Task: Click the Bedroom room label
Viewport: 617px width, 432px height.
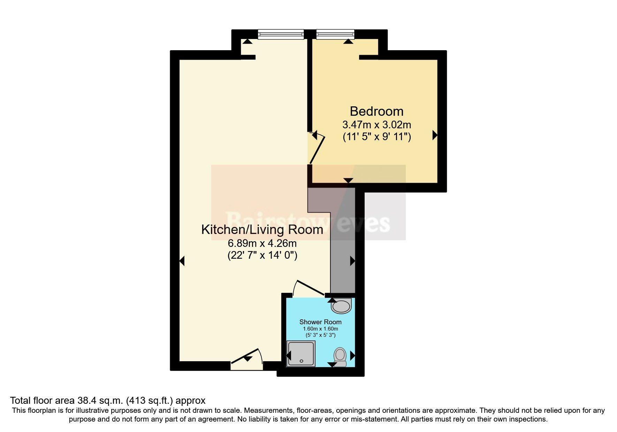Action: [x=376, y=111]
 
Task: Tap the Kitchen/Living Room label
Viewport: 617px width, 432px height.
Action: [x=262, y=230]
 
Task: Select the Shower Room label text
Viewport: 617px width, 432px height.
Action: [x=320, y=322]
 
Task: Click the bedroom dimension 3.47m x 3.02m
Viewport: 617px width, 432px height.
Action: [x=376, y=124]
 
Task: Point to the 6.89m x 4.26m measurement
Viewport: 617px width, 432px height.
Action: [x=262, y=243]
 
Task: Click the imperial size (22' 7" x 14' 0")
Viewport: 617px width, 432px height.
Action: [x=262, y=255]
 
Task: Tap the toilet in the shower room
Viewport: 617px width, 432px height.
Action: [x=340, y=357]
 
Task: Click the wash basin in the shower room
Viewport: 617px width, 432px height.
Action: [x=341, y=306]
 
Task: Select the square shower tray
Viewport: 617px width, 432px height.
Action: [x=301, y=354]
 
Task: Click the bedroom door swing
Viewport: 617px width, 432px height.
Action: [x=317, y=150]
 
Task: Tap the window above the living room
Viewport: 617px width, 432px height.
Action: [x=281, y=34]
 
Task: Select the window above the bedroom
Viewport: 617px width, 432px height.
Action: [x=335, y=34]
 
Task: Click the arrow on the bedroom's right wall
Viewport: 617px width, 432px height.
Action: [x=435, y=135]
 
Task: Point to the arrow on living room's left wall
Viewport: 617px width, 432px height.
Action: [x=182, y=261]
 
